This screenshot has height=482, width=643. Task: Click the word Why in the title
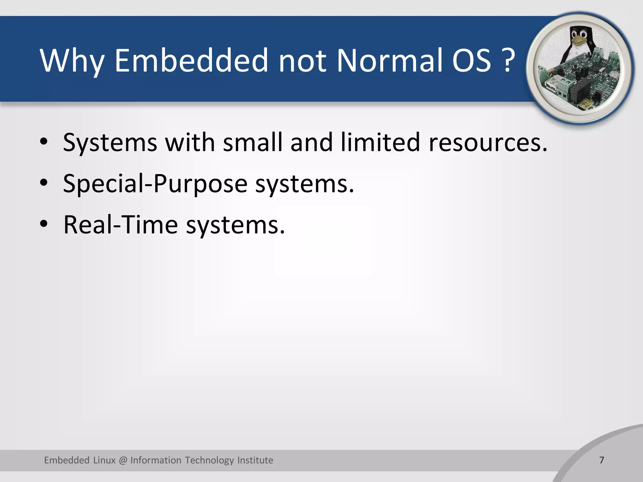[72, 61]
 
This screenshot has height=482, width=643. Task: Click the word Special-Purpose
[155, 184]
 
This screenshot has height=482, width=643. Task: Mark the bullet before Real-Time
[44, 224]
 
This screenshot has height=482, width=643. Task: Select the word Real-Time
[121, 225]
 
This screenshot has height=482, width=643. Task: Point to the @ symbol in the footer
[123, 460]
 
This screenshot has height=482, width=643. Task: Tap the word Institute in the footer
[255, 460]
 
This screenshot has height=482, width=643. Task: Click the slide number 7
[602, 460]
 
